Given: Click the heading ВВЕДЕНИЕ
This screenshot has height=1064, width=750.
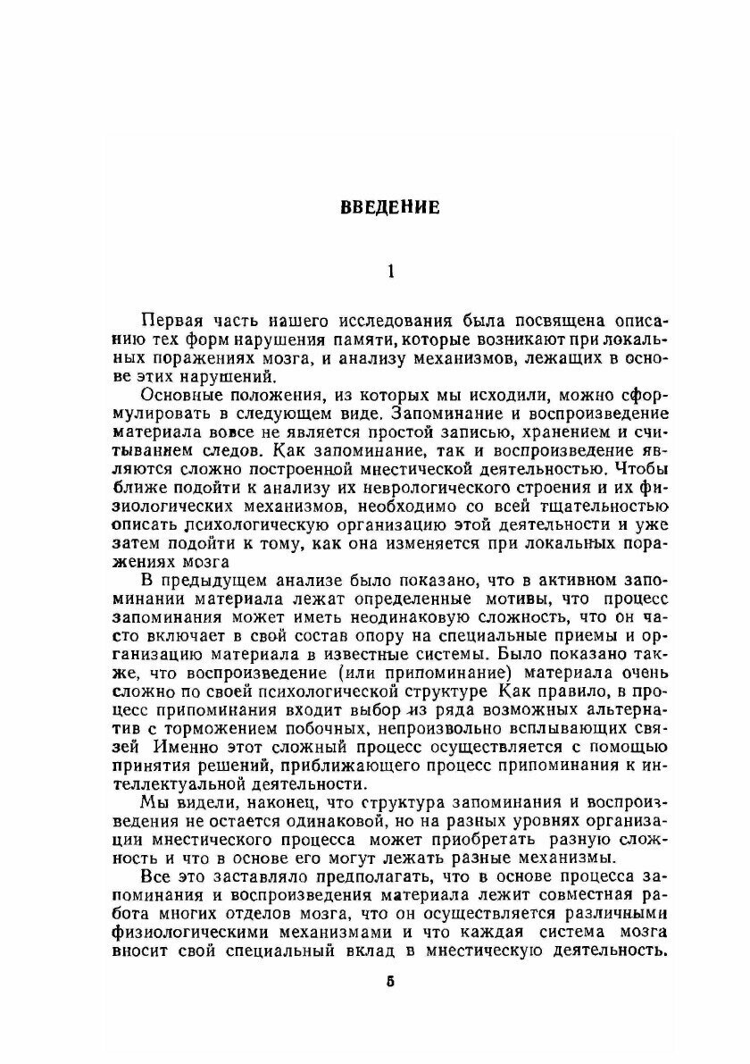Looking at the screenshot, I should (x=389, y=208).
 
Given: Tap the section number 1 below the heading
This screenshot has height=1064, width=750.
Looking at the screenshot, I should (x=388, y=272).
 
